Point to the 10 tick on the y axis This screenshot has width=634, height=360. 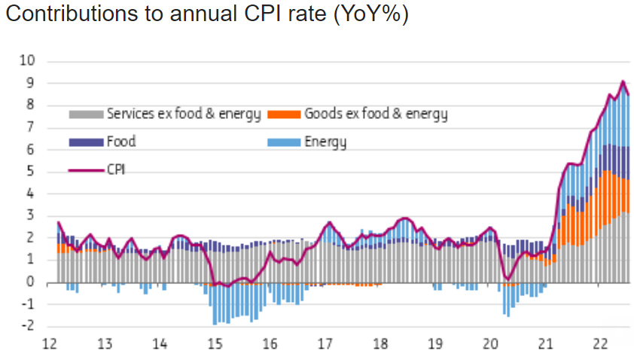click(30, 61)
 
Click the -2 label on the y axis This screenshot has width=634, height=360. click(30, 326)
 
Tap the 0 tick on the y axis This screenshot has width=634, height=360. click(32, 282)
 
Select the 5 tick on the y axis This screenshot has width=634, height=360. click(32, 172)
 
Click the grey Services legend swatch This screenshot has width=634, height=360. click(86, 114)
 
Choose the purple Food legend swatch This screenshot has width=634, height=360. click(86, 142)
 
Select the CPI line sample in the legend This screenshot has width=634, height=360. click(86, 169)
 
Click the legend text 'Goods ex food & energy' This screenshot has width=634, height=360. click(376, 114)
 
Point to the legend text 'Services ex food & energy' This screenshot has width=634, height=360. click(184, 114)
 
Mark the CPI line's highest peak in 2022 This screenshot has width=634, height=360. click(623, 81)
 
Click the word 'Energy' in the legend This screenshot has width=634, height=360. click(325, 142)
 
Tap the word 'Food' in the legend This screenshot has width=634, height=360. click(121, 142)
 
